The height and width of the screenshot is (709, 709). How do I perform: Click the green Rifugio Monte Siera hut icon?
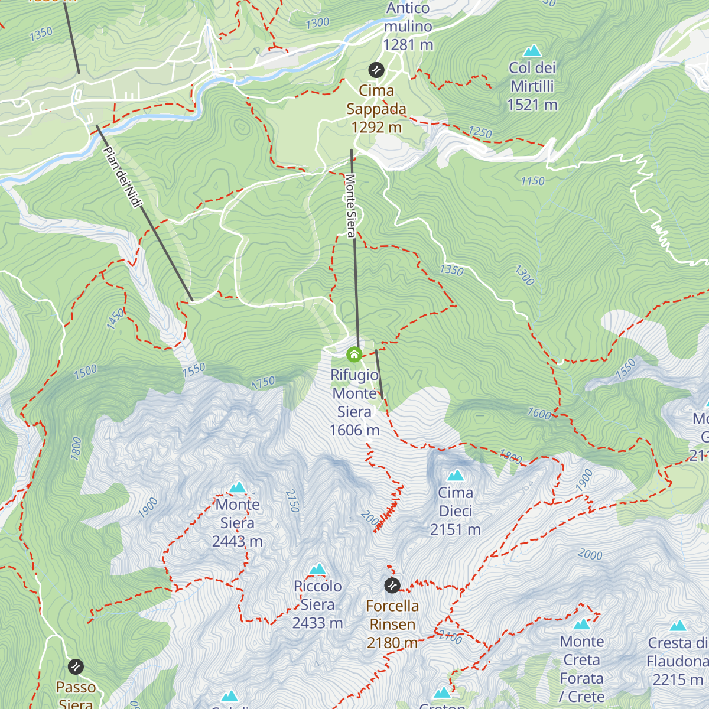(x=354, y=354)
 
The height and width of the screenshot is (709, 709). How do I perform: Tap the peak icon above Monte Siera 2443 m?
(x=238, y=487)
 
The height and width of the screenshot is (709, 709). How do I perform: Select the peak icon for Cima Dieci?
(x=456, y=476)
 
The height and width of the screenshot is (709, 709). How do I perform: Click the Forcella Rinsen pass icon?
(x=392, y=586)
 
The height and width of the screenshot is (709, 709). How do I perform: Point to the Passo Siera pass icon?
(x=76, y=667)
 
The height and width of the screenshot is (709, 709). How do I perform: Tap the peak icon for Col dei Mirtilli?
(x=532, y=51)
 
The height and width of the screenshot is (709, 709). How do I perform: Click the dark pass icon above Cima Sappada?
(x=376, y=70)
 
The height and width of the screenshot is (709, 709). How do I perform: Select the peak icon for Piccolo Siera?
(x=318, y=570)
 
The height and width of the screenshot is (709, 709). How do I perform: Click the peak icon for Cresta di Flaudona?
(x=678, y=626)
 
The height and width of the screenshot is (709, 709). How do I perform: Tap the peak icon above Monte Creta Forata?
(x=582, y=625)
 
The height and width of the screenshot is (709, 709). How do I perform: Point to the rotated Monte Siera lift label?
(x=350, y=205)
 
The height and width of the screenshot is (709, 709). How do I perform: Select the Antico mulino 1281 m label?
(x=408, y=27)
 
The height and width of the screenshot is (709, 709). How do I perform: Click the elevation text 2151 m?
(x=455, y=530)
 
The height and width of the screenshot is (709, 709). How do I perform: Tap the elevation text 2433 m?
(x=317, y=623)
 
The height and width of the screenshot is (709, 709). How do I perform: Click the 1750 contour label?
(x=263, y=383)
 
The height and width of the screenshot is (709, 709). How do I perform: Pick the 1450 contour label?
(x=116, y=318)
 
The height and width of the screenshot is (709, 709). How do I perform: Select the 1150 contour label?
(x=532, y=181)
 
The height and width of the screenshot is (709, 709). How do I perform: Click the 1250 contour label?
(x=480, y=132)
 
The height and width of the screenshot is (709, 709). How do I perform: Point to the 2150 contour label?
(x=292, y=501)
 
